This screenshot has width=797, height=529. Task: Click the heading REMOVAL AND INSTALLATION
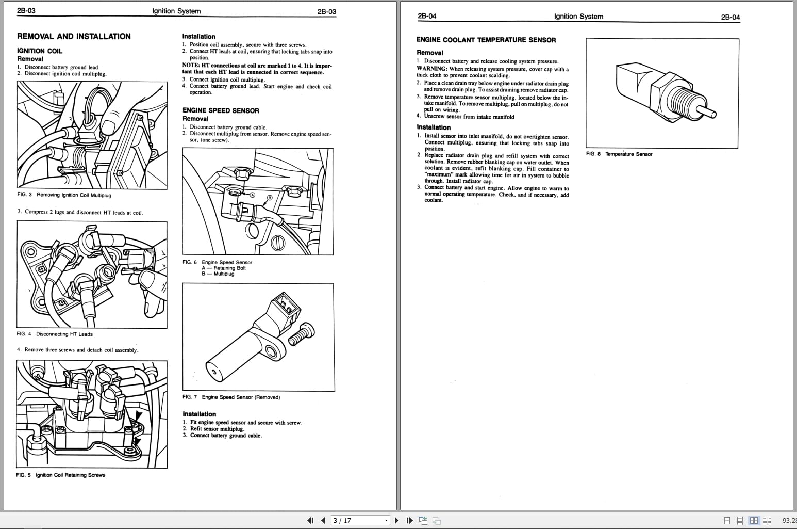coord(74,36)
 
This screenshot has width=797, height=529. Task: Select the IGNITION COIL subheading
coord(40,51)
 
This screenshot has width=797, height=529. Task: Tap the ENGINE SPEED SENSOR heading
coord(221,110)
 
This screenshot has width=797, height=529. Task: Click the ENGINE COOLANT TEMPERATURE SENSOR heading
coord(486,40)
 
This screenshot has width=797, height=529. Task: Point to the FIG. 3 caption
coord(64,195)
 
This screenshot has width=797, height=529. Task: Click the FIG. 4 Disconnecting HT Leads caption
coord(55,334)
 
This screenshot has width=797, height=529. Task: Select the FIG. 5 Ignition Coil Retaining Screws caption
coord(60,475)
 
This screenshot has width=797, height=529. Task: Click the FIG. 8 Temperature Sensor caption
coord(619,154)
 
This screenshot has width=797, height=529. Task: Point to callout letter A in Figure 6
coord(253,195)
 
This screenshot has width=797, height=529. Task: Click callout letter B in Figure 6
coord(269,198)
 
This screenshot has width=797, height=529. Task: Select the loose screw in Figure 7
coord(302,334)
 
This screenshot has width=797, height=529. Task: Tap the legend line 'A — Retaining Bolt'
coord(224,268)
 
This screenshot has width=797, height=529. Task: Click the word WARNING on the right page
coord(431,69)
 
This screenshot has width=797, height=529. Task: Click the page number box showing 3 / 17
coord(360,520)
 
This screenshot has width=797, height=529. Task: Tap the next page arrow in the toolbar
coord(396,520)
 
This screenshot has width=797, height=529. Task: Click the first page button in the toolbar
coord(310,520)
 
